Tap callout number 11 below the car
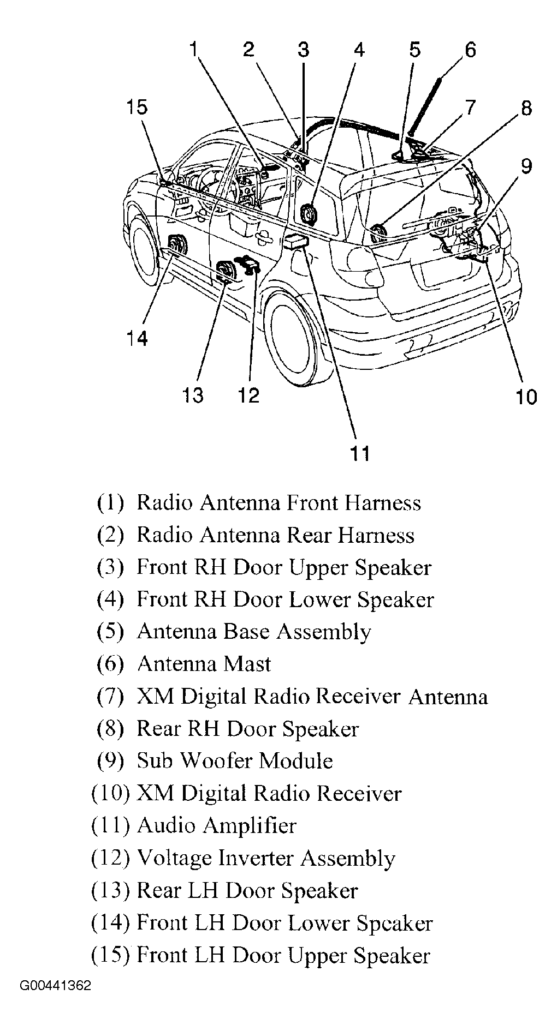point(360,453)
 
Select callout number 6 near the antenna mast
point(470,50)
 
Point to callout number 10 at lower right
point(526,397)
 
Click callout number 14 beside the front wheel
point(137,339)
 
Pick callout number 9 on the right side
point(526,166)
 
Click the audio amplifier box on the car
point(296,242)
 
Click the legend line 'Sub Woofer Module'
point(234,760)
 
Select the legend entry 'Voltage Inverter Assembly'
point(265,858)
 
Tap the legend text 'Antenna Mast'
point(204,664)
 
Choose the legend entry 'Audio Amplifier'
point(216,826)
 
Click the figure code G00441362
point(56,986)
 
